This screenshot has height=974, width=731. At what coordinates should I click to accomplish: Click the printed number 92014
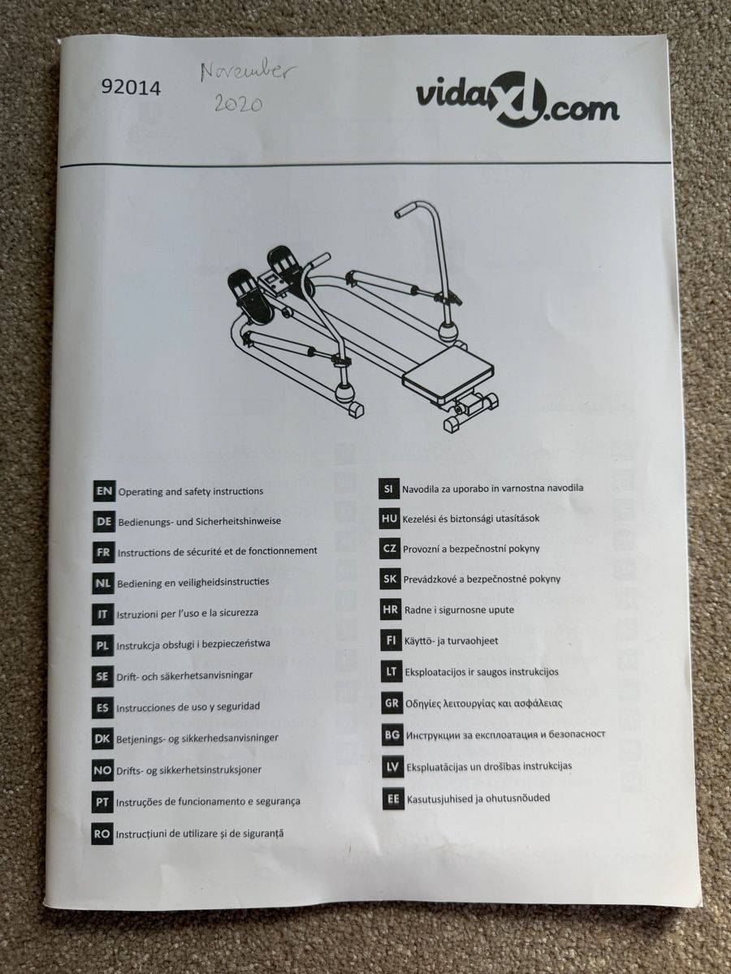(x=131, y=88)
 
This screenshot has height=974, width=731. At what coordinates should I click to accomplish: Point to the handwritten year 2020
(x=239, y=103)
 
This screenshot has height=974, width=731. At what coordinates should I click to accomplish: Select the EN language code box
(x=104, y=491)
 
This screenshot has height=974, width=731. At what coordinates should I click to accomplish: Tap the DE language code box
(x=104, y=522)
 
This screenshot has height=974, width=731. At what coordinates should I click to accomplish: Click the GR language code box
(x=392, y=704)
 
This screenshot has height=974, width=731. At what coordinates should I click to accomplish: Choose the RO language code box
(x=102, y=834)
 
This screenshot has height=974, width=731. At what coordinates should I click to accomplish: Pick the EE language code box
(x=393, y=799)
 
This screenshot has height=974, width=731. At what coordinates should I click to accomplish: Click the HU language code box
(x=390, y=519)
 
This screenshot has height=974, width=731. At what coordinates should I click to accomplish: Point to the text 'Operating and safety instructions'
(x=191, y=492)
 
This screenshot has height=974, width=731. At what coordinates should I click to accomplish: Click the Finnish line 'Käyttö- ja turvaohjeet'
(x=452, y=641)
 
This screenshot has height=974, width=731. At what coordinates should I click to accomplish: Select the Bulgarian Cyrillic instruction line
(x=505, y=735)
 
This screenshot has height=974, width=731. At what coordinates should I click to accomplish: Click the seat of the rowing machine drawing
(x=448, y=373)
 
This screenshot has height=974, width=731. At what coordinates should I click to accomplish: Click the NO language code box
(x=102, y=771)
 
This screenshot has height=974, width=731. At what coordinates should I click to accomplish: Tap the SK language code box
(x=391, y=579)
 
